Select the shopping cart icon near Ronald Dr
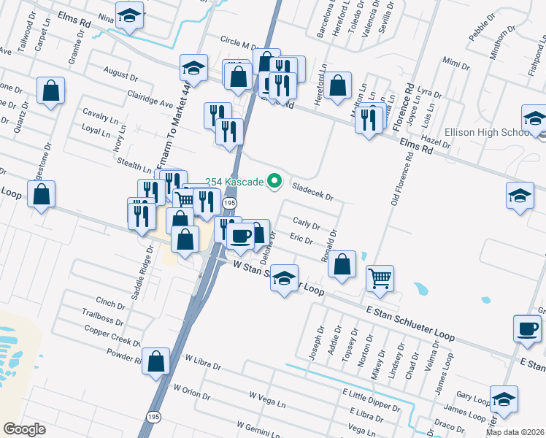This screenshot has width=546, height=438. click(380, 277)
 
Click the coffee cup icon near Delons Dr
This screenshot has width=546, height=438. click(240, 236)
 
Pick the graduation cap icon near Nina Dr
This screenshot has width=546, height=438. click(129, 15)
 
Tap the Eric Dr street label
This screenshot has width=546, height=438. click(301, 239)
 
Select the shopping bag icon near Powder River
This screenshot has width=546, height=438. click(155, 361)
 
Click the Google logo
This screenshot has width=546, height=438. click(24, 429)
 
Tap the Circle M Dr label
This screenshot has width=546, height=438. click(235, 45)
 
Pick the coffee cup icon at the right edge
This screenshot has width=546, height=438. click(526, 328)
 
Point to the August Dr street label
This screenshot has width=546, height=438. click(120, 74)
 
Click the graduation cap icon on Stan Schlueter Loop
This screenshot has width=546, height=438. click(285, 277)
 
